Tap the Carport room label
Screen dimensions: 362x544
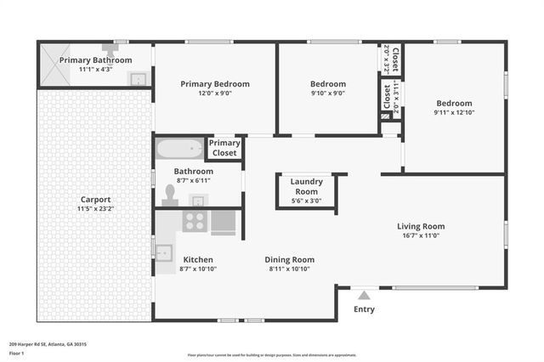tap(96, 200)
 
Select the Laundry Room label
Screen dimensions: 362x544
tap(306, 182)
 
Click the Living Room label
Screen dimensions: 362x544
tap(421, 226)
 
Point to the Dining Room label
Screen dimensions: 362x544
tap(291, 259)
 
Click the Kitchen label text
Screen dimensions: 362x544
tap(198, 259)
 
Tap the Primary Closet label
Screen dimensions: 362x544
tap(224, 148)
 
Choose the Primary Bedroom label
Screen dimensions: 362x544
tap(215, 84)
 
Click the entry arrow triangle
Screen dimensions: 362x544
tap(364, 295)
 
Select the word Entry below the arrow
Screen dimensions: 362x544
tap(364, 309)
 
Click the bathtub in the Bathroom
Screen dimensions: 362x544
tap(180, 149)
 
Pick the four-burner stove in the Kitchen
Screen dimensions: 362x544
tap(195, 222)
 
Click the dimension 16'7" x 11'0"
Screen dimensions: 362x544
tap(421, 236)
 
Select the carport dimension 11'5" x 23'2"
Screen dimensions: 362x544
tap(96, 209)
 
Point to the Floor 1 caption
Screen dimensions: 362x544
tap(14, 352)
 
